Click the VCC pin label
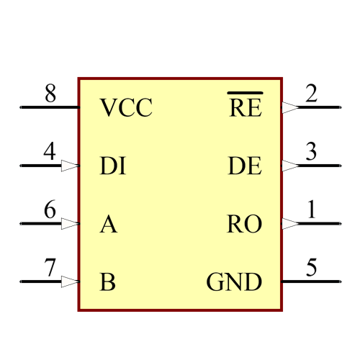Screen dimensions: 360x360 [x=126, y=108]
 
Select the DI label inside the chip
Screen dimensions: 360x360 [x=113, y=166]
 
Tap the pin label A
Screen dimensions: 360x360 [x=108, y=225]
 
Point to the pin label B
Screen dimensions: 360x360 [x=107, y=282]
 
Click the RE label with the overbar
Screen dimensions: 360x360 [x=245, y=108]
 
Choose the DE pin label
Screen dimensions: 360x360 [x=245, y=166]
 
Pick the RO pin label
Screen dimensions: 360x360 [x=245, y=225]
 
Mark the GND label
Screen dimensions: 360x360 [x=234, y=282]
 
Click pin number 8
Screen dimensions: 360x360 [x=50, y=94]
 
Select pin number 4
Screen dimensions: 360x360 [x=50, y=153]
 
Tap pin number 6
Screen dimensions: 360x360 [x=50, y=210]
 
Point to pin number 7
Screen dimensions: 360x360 [x=50, y=269]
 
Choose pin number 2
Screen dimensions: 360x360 [x=311, y=94]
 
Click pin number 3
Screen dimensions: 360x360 [x=311, y=153]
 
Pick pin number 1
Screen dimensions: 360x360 [x=311, y=210]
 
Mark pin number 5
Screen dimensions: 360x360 [x=311, y=269]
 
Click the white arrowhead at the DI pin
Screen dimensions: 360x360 [x=69, y=166]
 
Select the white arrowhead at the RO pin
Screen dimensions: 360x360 [x=290, y=224]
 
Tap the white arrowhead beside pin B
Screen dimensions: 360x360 [x=69, y=282]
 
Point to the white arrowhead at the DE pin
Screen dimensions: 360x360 [x=290, y=166]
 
